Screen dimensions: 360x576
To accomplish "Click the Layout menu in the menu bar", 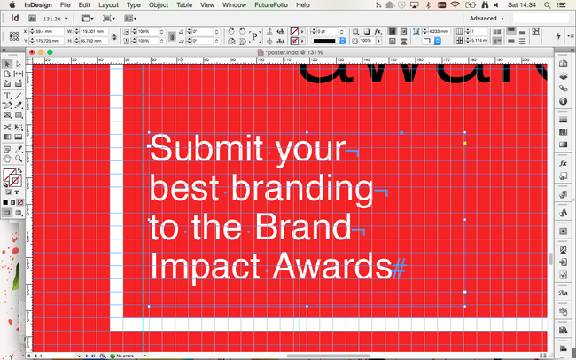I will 108,5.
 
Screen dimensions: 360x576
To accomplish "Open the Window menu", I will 235,5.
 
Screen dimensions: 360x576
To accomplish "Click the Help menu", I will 303,5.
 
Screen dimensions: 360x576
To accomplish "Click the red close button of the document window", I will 32,52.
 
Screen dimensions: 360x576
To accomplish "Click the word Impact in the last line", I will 206,265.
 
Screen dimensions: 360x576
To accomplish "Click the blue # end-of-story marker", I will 400,266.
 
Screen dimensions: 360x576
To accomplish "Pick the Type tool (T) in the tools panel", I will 7,96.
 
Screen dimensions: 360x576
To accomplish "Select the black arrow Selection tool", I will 7,65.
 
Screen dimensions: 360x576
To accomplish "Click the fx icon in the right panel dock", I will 562,164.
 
